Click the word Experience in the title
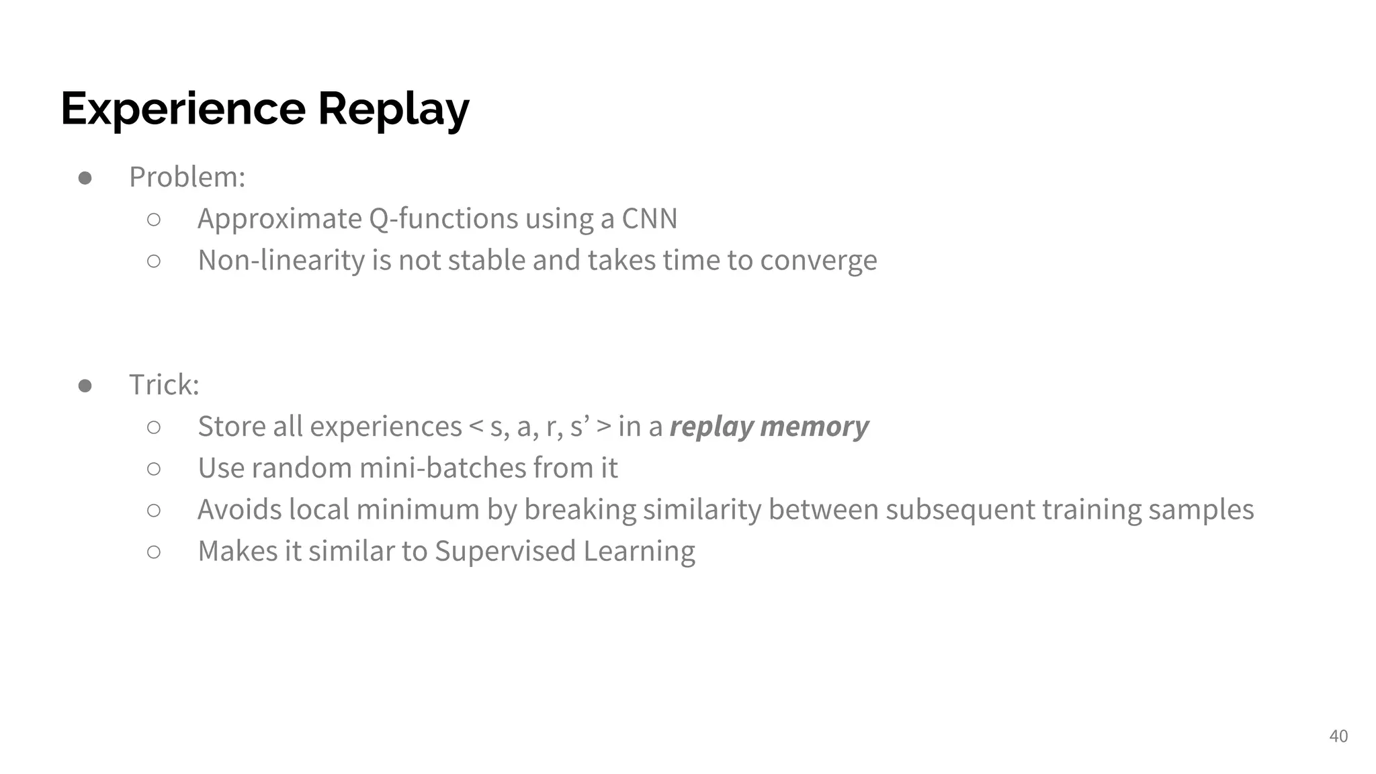(183, 109)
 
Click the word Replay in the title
(393, 109)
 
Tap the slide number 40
(1338, 736)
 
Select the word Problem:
(187, 177)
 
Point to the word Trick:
(164, 386)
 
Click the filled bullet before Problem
(85, 178)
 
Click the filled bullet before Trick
(85, 386)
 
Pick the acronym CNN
(649, 219)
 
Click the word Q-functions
(443, 219)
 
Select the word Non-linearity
(281, 261)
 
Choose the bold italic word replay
(711, 427)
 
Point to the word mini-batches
(443, 468)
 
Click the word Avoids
(239, 510)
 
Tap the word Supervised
(505, 552)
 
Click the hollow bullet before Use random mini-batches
(154, 469)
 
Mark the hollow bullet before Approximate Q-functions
(154, 220)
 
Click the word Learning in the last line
(639, 552)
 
